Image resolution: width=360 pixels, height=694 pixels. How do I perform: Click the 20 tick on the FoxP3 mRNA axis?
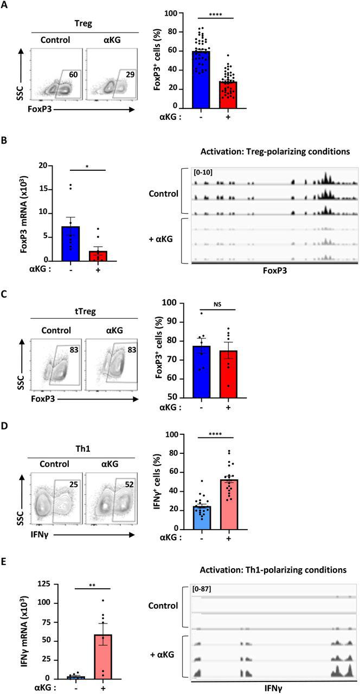tap(49, 165)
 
